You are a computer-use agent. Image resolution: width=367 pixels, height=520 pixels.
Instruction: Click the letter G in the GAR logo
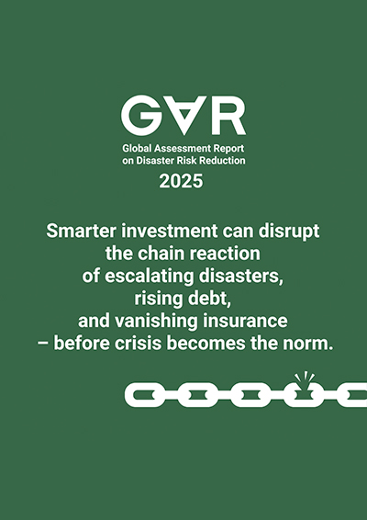(140, 116)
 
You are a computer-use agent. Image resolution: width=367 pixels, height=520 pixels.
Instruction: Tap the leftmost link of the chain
(141, 395)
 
